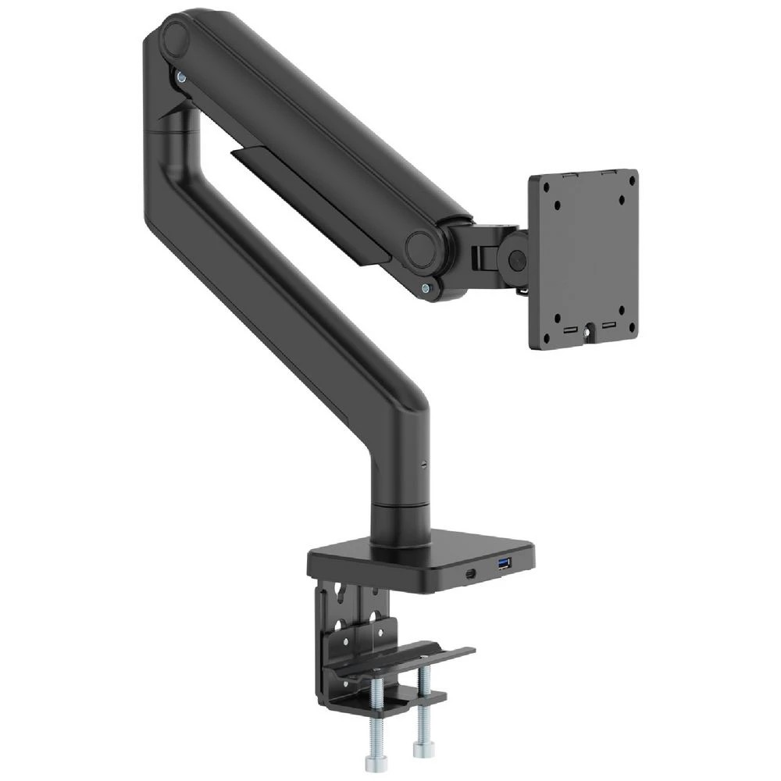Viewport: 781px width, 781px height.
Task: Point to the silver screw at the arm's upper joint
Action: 181,76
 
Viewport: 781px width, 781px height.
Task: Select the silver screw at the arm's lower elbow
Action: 425,288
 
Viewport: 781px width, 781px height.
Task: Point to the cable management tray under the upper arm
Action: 312,203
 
